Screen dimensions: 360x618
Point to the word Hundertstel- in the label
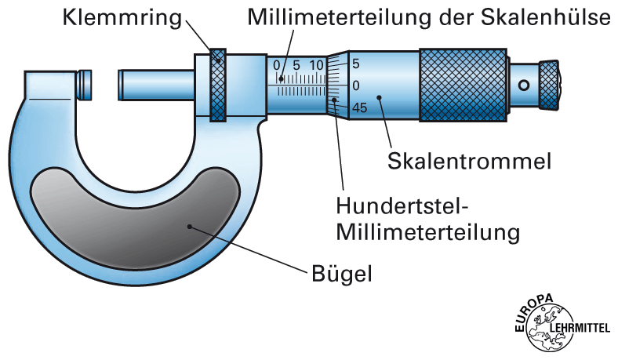pyautogui.click(x=402, y=206)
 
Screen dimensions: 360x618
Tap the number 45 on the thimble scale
pyautogui.click(x=359, y=107)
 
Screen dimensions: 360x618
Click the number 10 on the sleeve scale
pyautogui.click(x=317, y=65)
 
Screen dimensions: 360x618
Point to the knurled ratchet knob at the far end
pyautogui.click(x=552, y=83)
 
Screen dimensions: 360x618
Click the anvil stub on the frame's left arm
pyautogui.click(x=84, y=85)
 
